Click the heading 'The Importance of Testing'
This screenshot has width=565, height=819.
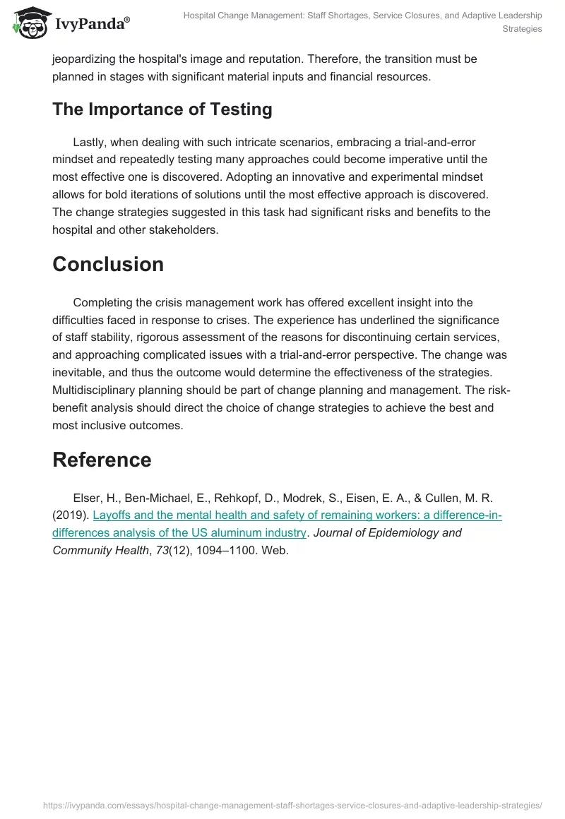pyautogui.click(x=162, y=109)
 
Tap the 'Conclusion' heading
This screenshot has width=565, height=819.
pyautogui.click(x=108, y=264)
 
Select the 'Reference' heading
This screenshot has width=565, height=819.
pyautogui.click(x=102, y=460)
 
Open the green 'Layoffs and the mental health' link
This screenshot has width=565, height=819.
pyautogui.click(x=297, y=515)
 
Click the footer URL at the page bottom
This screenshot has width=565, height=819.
pyautogui.click(x=292, y=804)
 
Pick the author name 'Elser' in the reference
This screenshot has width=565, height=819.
pyautogui.click(x=88, y=498)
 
